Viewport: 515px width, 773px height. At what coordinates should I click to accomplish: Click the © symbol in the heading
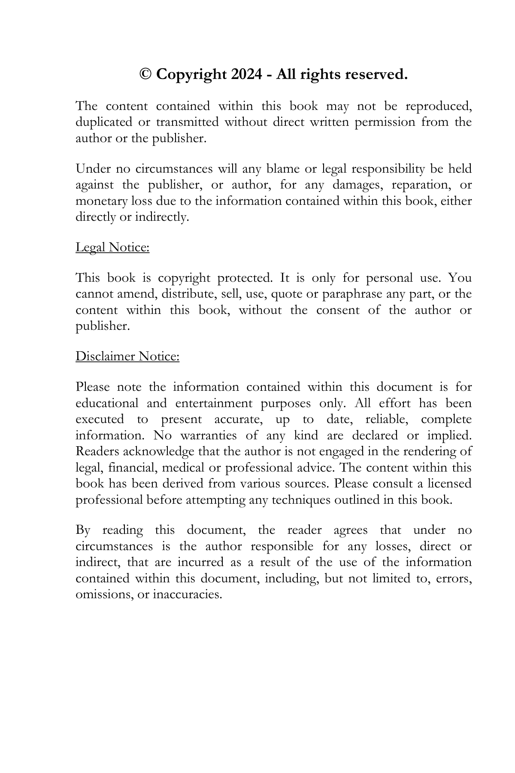point(146,75)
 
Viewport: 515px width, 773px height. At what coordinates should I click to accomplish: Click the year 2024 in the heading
point(246,75)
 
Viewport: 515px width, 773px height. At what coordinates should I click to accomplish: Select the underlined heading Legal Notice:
point(112,247)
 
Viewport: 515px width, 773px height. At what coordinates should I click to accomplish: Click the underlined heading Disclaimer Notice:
point(127,356)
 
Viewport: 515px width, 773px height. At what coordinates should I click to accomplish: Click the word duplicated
point(104,122)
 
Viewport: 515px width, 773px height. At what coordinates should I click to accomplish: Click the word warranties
point(208,435)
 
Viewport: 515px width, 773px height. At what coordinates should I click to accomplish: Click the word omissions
point(103,595)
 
